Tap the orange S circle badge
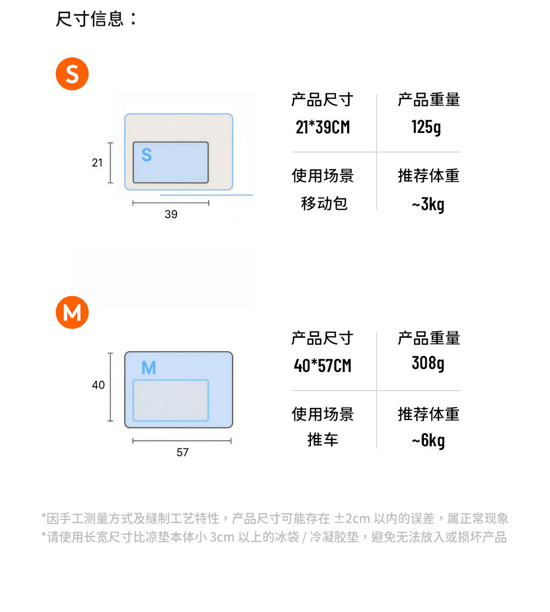(x=72, y=74)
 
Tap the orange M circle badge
(x=72, y=312)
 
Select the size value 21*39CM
(x=323, y=127)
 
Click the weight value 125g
(x=426, y=127)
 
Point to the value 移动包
(x=324, y=203)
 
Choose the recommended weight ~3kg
(x=428, y=204)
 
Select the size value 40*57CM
(x=323, y=366)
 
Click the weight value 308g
(x=428, y=363)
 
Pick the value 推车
(x=323, y=439)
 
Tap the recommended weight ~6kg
(x=428, y=441)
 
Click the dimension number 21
(x=97, y=163)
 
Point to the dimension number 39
(x=171, y=214)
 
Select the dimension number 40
(x=98, y=385)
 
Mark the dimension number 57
(x=182, y=452)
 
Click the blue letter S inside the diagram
(x=147, y=154)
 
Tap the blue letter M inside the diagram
(x=149, y=368)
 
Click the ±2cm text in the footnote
(x=352, y=518)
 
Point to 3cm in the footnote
(x=222, y=537)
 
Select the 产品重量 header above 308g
(x=429, y=338)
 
